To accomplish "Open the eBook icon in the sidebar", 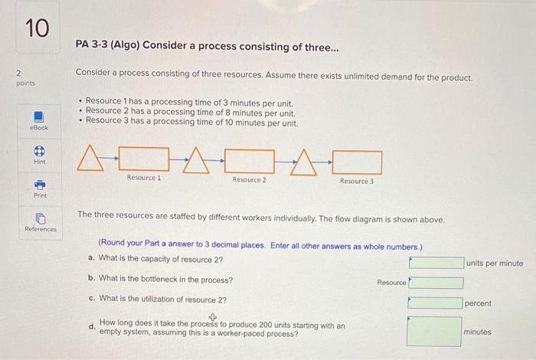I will [38, 116].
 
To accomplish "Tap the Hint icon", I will [38, 152].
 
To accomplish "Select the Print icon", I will [38, 185].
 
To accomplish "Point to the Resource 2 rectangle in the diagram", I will [250, 161].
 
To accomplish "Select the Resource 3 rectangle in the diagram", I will [357, 162].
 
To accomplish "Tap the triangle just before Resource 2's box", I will [198, 161].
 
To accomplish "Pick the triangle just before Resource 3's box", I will [306, 162].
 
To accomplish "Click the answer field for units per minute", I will [436, 263].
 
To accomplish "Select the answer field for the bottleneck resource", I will [436, 282].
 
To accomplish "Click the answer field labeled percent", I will [434, 302].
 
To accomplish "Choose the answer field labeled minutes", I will [434, 332].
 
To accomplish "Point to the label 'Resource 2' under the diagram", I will [250, 180].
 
